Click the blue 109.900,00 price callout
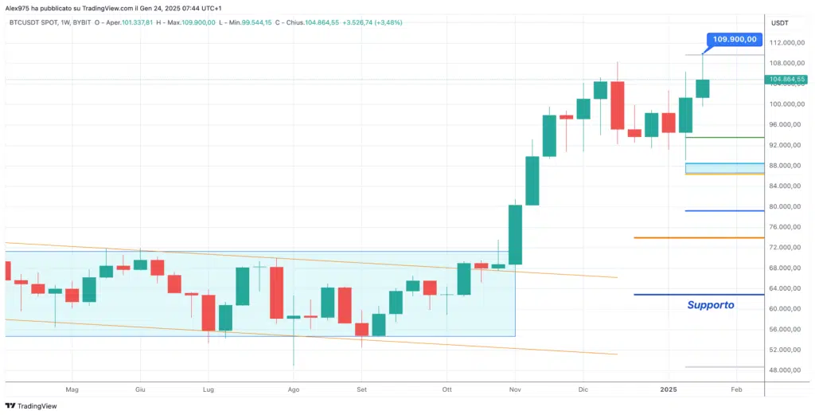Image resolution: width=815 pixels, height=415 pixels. tap(735, 38)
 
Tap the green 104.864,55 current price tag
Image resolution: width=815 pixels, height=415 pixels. tap(787, 80)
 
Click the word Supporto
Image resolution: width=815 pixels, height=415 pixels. tap(711, 304)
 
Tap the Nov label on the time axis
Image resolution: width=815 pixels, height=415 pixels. tap(515, 390)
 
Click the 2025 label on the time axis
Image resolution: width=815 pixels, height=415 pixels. tap(669, 390)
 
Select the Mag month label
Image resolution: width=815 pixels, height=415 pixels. tap(72, 390)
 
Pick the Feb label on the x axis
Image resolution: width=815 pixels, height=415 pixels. tap(736, 390)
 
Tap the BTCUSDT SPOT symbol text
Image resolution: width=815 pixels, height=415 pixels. tap(36, 22)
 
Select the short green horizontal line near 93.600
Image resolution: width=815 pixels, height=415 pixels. tap(724, 137)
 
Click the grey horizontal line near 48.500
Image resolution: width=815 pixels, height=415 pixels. tap(724, 367)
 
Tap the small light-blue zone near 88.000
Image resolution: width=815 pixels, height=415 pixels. tap(724, 167)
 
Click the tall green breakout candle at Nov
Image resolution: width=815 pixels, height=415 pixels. tap(515, 234)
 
